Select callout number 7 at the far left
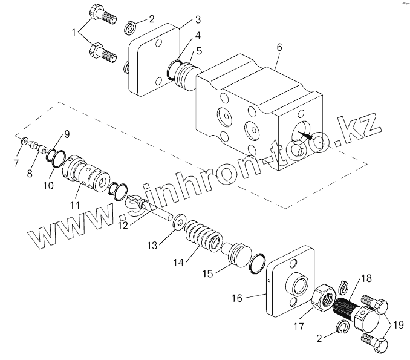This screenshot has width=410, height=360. coord(18,163)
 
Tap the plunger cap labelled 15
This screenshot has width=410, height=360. coord(238,252)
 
